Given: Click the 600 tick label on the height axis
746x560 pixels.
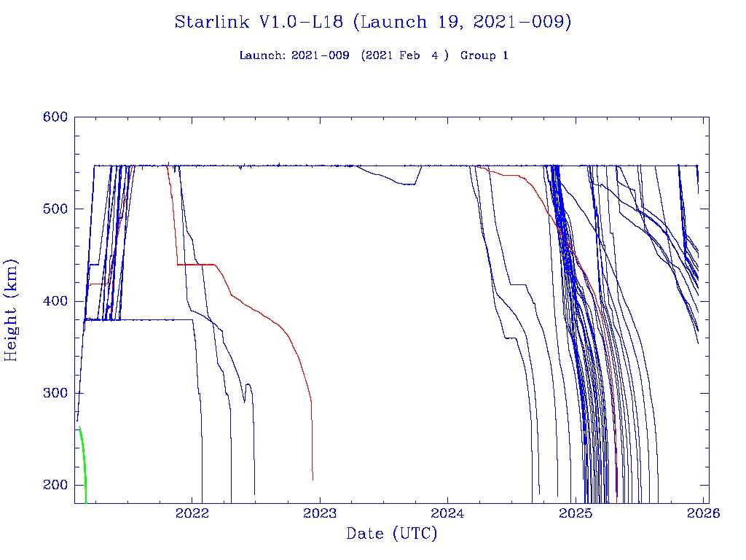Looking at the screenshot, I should (x=55, y=117).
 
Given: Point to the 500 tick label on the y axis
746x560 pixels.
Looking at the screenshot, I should (x=55, y=209).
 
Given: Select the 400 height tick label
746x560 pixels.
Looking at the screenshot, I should (x=55, y=301).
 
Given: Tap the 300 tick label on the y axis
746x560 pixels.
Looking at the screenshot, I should (x=55, y=393).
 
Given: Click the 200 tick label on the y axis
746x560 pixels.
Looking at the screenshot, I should (x=55, y=485).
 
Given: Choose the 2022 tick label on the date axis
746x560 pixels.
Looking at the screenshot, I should (x=193, y=513).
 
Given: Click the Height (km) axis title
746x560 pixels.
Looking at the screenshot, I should (x=12, y=310).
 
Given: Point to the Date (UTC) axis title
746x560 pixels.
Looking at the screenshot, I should (x=392, y=534).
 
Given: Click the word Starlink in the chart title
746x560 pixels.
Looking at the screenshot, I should (x=213, y=23).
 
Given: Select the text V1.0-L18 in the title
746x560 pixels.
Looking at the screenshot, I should (x=302, y=23).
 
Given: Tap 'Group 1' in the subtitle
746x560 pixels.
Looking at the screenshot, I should (x=484, y=55).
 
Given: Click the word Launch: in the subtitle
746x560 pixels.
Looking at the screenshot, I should (x=263, y=55).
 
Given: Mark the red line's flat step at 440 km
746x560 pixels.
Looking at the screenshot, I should (x=197, y=264).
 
